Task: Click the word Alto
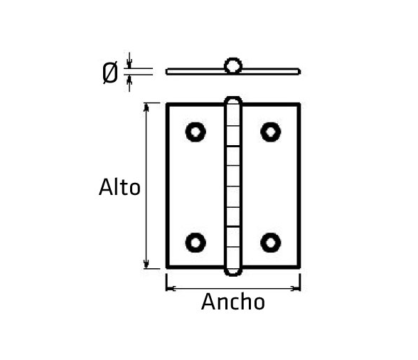click(119, 187)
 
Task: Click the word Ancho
click(233, 302)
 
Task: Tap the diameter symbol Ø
click(109, 73)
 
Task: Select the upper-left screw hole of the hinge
click(195, 132)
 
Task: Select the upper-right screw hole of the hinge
click(271, 132)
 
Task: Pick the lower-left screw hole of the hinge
click(195, 243)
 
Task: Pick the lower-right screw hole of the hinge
click(271, 243)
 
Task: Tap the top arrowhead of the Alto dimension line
click(146, 107)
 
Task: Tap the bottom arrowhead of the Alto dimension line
click(146, 264)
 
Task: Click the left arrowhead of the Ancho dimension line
click(171, 288)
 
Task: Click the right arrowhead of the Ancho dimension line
click(296, 288)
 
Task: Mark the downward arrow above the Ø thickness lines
click(129, 60)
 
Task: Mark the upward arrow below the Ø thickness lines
click(129, 83)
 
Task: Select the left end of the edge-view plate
click(167, 72)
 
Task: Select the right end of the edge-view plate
click(299, 72)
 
